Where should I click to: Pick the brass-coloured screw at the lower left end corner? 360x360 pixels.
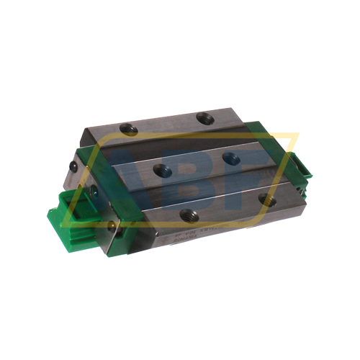[x=110, y=225]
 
